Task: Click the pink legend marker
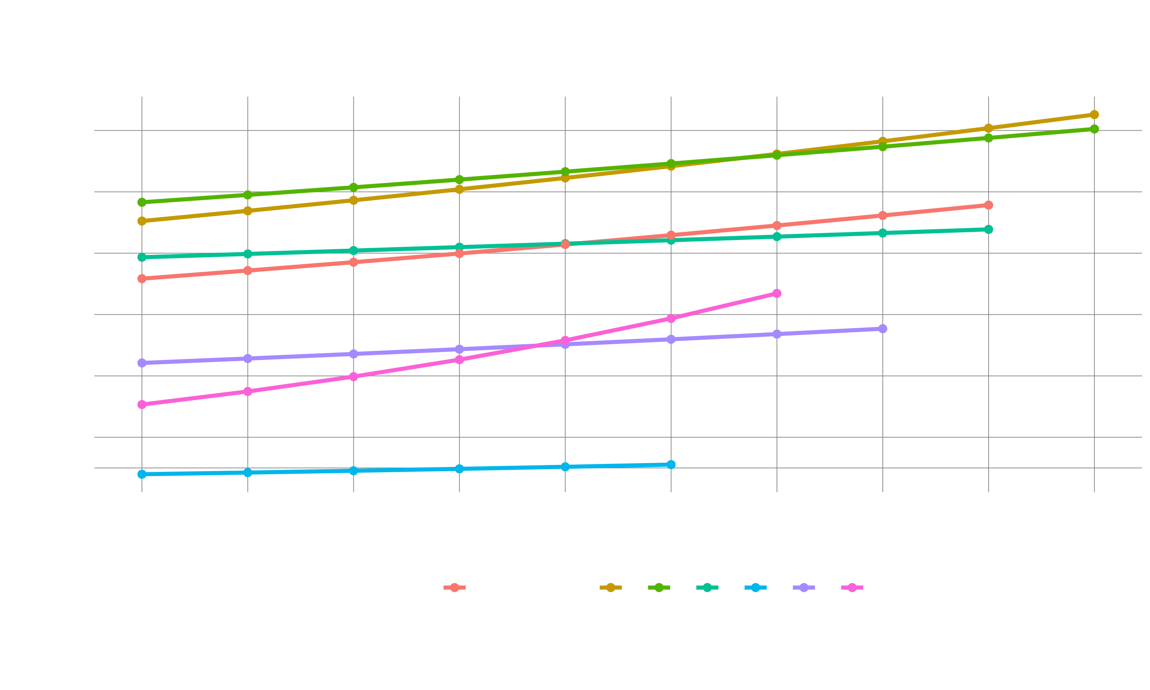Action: tap(852, 588)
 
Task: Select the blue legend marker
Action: tap(755, 588)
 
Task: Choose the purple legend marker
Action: tap(804, 588)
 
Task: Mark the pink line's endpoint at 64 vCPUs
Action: tap(777, 293)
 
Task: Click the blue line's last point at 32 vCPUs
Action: tap(671, 465)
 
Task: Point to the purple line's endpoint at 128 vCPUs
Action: tap(883, 329)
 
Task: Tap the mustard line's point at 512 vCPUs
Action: tap(1094, 114)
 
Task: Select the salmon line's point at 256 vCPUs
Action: tap(989, 205)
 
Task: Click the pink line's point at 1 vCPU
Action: tap(142, 404)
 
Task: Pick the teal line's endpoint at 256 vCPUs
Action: tap(989, 229)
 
